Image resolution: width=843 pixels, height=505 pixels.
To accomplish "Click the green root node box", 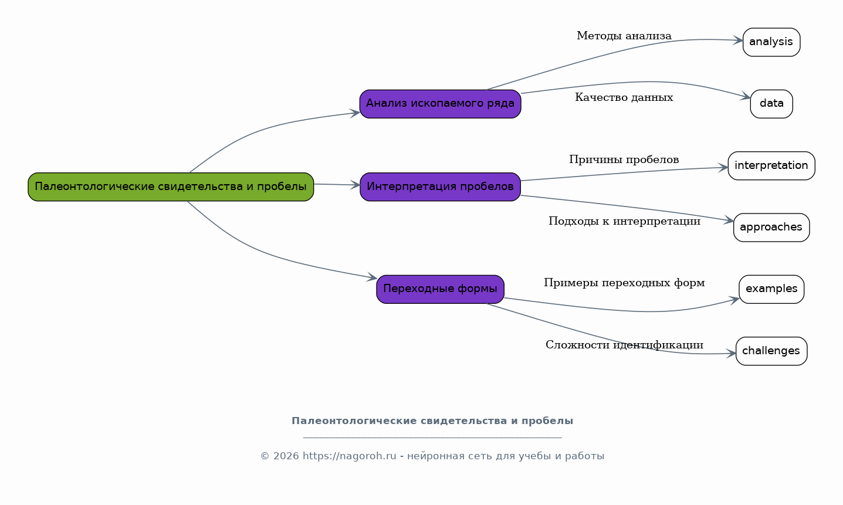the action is tap(171, 187).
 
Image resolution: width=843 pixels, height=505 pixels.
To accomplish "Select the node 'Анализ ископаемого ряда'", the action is tap(441, 104).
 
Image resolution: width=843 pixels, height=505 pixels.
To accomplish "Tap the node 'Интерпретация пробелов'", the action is tap(441, 187).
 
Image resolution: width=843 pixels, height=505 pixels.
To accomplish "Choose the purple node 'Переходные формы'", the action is tap(441, 289).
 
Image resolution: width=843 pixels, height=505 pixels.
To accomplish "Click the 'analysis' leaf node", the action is tap(771, 42).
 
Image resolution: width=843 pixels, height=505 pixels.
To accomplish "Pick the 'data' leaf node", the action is tap(771, 104).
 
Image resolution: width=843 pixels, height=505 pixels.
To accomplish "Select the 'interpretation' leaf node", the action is tap(771, 166).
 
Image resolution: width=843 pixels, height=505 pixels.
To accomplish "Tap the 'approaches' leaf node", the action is tap(771, 228).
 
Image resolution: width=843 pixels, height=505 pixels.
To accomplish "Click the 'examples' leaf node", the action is tap(771, 289).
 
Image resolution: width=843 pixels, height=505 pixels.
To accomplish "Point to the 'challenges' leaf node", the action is tap(771, 351).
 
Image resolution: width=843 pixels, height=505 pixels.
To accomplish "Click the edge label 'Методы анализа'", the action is tap(624, 36).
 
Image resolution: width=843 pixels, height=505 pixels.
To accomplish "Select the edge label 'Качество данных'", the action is tap(624, 98).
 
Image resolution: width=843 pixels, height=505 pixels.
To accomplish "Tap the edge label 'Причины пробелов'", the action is tap(624, 160).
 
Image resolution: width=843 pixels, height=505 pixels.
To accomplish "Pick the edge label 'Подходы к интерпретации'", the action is tap(624, 221).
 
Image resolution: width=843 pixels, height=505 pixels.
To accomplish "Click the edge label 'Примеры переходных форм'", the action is tap(624, 283).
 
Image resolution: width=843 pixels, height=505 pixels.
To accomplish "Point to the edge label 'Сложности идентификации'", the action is tap(624, 345).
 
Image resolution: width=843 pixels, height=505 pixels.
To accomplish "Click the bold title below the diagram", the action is tap(432, 421).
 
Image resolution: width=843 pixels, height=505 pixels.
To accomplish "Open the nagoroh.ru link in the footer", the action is tap(349, 456).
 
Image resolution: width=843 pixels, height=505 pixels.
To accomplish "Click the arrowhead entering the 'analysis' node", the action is tap(738, 40).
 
